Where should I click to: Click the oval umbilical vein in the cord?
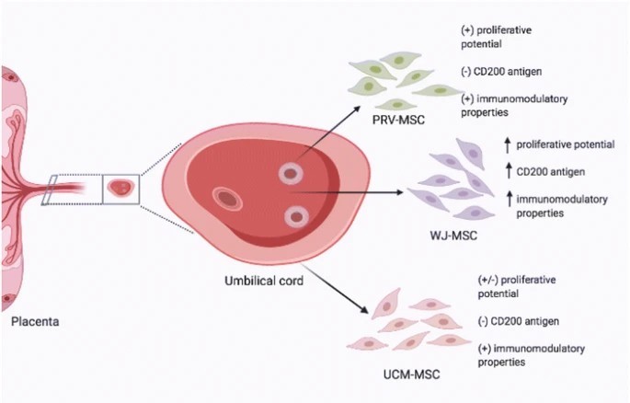point(225,197)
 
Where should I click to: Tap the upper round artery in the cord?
point(292,172)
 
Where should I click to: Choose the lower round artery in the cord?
point(295,216)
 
